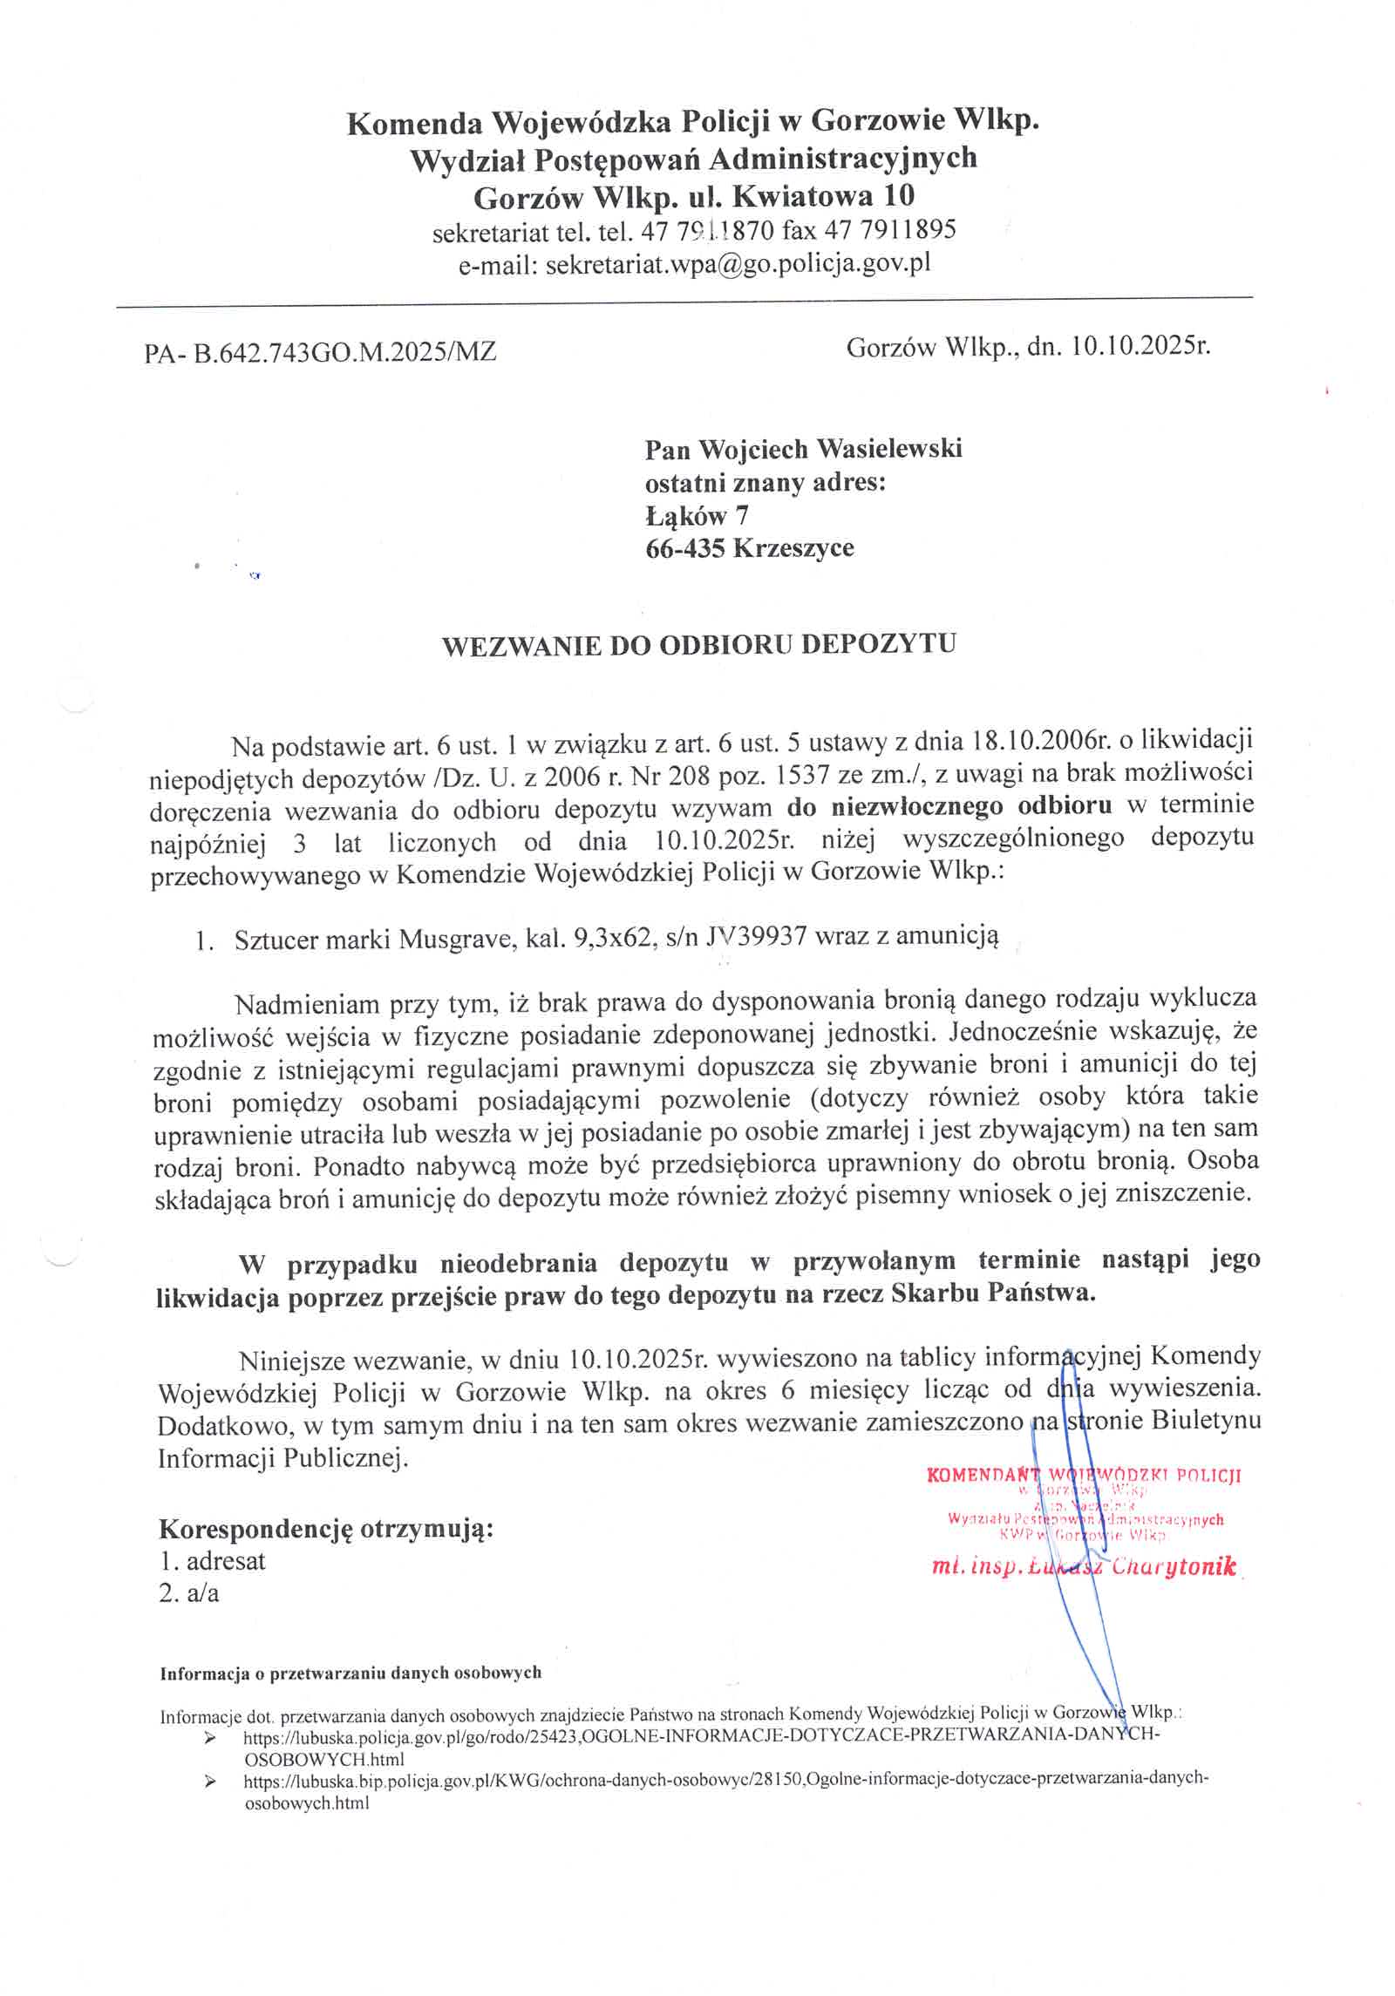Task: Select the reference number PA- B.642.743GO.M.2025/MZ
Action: tap(321, 352)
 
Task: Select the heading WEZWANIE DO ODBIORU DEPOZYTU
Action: tap(698, 645)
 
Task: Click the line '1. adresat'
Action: tap(213, 1561)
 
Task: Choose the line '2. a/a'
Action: tap(189, 1593)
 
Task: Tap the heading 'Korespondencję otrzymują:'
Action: tap(326, 1529)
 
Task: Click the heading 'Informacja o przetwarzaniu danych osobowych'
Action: tap(350, 1673)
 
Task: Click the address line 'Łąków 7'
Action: tap(696, 516)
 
